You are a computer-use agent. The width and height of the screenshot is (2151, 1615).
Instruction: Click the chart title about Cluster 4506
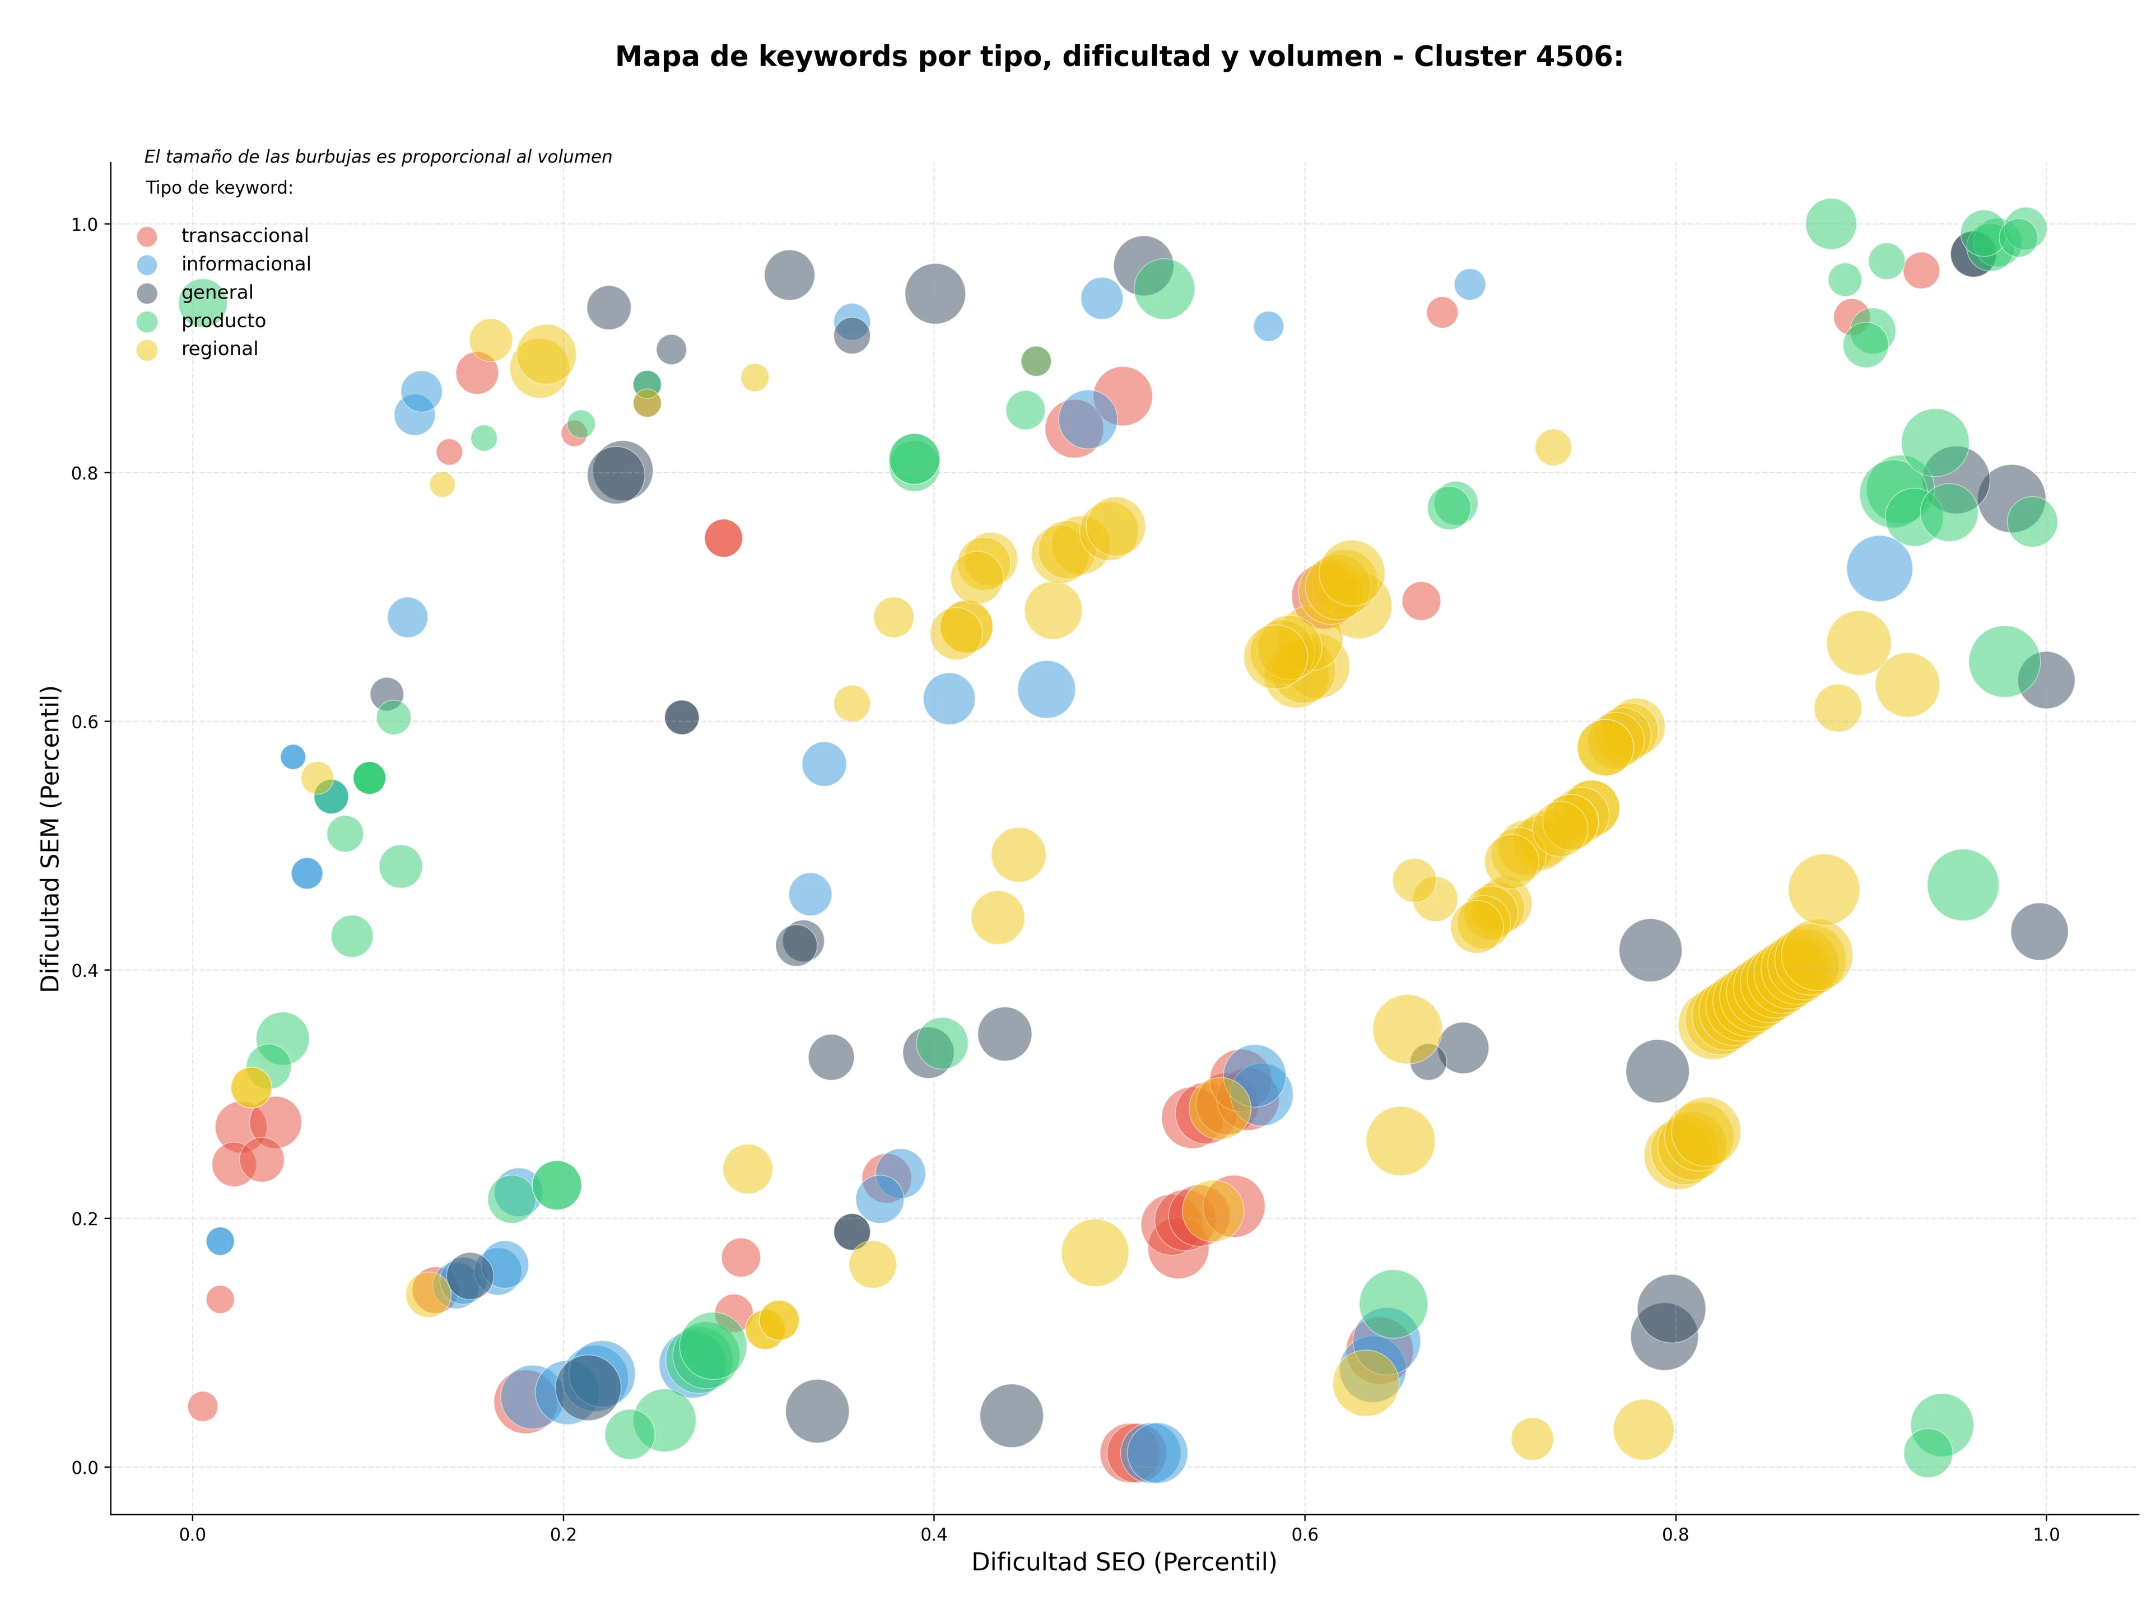(1119, 57)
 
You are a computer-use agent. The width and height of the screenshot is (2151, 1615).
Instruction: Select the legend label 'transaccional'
(245, 236)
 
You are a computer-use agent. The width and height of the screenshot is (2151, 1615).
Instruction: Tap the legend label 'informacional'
(246, 264)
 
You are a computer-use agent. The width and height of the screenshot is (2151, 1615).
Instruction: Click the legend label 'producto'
(224, 321)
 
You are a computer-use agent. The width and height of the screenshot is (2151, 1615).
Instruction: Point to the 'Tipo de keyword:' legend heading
(220, 188)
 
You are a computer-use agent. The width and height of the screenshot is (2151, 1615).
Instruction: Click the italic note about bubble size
(378, 156)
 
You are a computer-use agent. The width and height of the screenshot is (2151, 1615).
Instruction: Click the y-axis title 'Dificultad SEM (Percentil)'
(50, 838)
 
